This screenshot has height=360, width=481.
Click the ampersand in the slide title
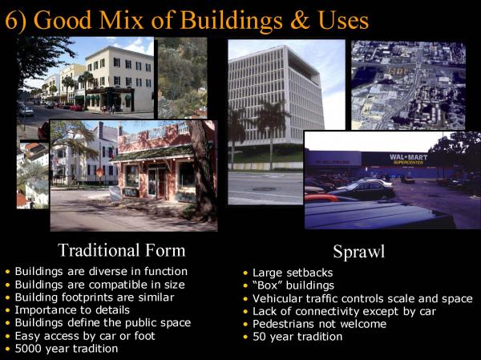pyautogui.click(x=301, y=20)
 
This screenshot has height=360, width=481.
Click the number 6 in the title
pyautogui.click(x=11, y=21)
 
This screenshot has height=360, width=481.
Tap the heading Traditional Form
pyautogui.click(x=122, y=250)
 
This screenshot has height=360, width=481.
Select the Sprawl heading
pyautogui.click(x=358, y=252)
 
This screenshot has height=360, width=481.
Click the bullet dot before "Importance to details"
pyautogui.click(x=8, y=310)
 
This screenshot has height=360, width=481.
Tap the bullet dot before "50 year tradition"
pyautogui.click(x=245, y=337)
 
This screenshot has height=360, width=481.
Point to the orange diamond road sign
pyautogui.click(x=100, y=173)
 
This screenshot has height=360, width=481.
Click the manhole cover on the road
pyautogui.click(x=263, y=189)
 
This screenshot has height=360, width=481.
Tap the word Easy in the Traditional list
pyautogui.click(x=27, y=336)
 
